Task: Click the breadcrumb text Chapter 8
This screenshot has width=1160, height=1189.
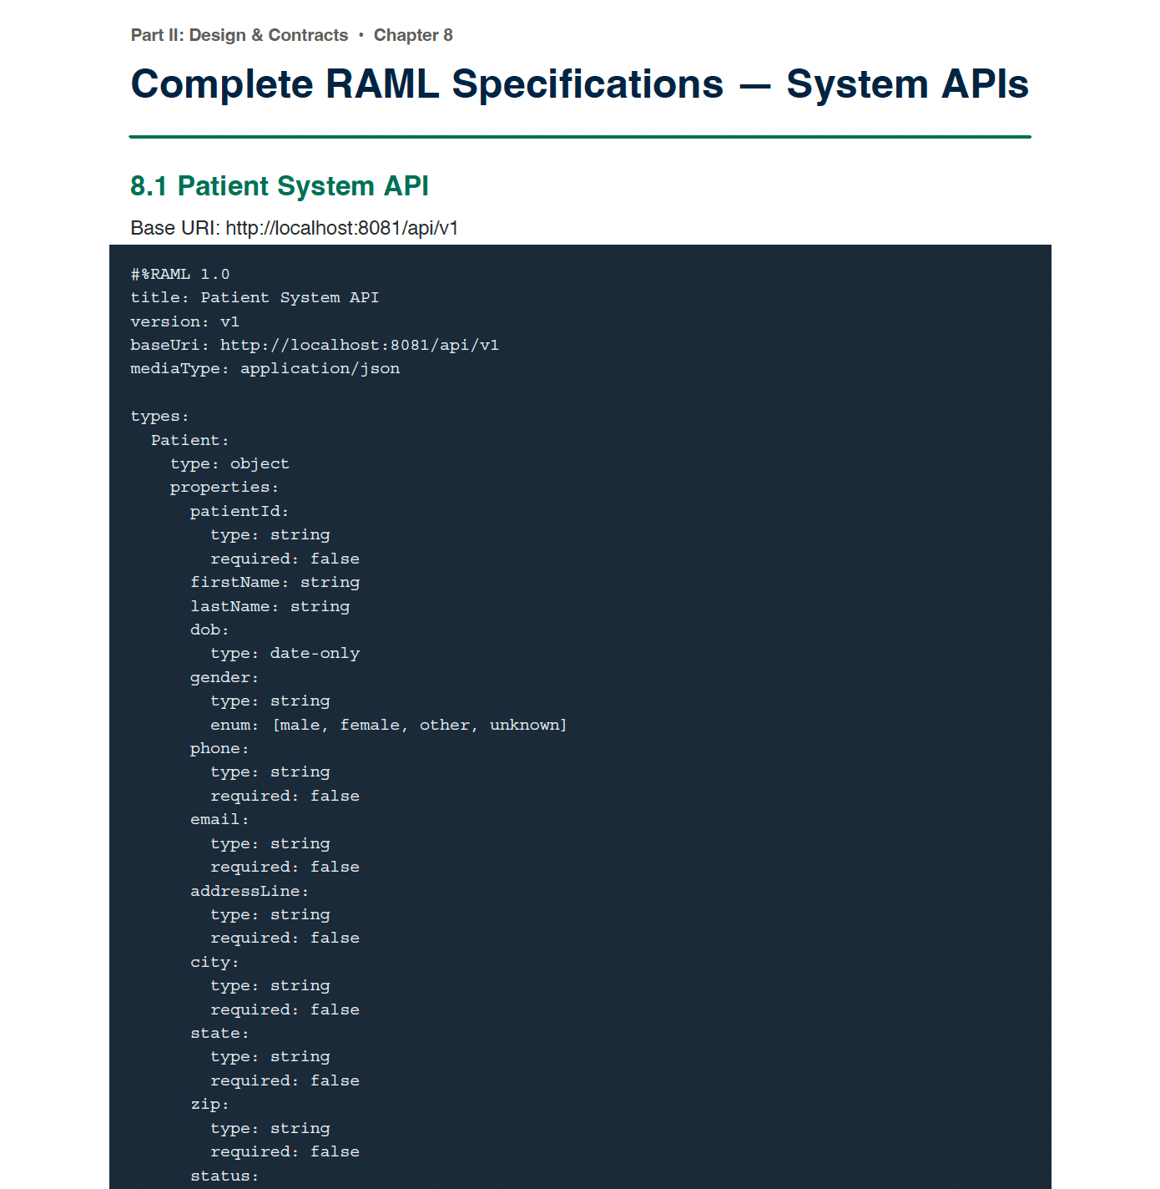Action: tap(413, 35)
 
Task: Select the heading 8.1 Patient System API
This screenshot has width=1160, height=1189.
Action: tap(280, 185)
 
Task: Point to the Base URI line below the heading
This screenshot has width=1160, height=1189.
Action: tap(295, 228)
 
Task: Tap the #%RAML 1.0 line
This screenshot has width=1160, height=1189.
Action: tap(180, 275)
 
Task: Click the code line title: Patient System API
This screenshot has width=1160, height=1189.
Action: tap(255, 297)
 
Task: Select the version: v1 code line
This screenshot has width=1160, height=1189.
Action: tap(185, 321)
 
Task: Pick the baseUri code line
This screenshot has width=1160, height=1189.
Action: tap(315, 345)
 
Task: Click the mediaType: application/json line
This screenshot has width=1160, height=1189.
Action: tap(265, 368)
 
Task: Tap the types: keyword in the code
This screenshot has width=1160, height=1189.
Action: tap(160, 416)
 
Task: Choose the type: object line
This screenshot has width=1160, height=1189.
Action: tap(229, 463)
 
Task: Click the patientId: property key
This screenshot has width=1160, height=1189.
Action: tap(240, 511)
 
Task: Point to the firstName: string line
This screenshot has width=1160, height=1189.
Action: tap(275, 582)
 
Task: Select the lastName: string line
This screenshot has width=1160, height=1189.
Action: tap(270, 606)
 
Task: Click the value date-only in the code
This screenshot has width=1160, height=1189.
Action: tap(315, 653)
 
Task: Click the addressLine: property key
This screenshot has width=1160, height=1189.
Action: tap(249, 891)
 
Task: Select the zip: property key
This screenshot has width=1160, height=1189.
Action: tap(209, 1104)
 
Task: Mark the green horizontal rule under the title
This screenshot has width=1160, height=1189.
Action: tap(580, 137)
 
